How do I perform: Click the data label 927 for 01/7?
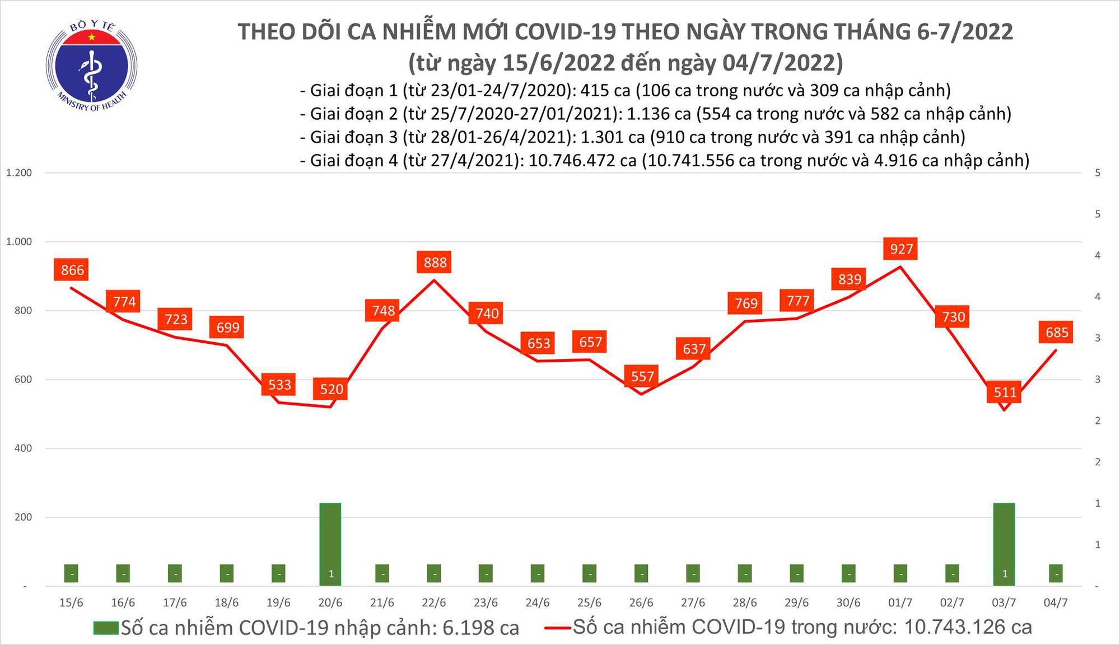coord(901,249)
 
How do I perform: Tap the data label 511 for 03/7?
coord(1005,392)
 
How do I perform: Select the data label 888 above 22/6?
coord(435,263)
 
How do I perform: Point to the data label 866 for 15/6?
coord(72,270)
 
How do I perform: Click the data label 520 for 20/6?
coord(332,389)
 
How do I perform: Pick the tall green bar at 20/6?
coord(330,543)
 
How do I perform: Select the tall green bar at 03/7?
coord(1004,543)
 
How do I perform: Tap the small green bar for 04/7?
coord(1056,573)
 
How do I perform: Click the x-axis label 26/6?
coord(641,603)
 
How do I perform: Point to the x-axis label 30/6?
coord(848,603)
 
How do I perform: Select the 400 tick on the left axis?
coord(23,448)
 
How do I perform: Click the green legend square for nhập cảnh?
coord(106,628)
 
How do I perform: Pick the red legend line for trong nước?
coord(557,628)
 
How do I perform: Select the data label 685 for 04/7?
coord(1057,333)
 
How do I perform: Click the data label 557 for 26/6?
coord(642,376)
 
